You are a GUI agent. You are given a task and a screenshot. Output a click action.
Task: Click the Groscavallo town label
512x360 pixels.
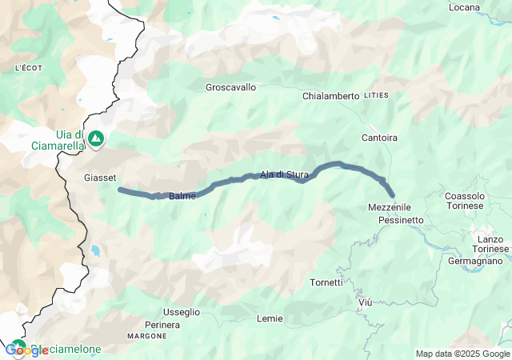click(x=231, y=86)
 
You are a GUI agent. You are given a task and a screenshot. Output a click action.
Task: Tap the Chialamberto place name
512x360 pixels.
click(x=330, y=96)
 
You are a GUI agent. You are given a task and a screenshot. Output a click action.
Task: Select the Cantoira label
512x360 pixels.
click(x=379, y=138)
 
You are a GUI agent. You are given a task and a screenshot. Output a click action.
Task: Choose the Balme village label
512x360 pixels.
click(x=182, y=196)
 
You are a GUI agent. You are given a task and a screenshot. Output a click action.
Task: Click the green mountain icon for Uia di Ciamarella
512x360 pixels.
click(x=96, y=138)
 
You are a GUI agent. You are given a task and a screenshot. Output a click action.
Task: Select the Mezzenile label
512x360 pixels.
click(x=389, y=207)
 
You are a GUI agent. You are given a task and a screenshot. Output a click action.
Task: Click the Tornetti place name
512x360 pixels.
click(x=326, y=282)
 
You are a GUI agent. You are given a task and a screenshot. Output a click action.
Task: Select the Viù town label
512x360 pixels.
click(x=366, y=302)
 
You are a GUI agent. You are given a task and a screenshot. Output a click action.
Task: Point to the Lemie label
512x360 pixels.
click(x=270, y=318)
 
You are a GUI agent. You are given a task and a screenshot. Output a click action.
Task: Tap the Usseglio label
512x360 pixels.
click(x=182, y=311)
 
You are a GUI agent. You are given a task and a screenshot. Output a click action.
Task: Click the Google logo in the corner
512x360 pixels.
click(x=26, y=350)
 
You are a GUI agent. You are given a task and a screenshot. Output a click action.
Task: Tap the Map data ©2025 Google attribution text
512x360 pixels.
click(x=462, y=354)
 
